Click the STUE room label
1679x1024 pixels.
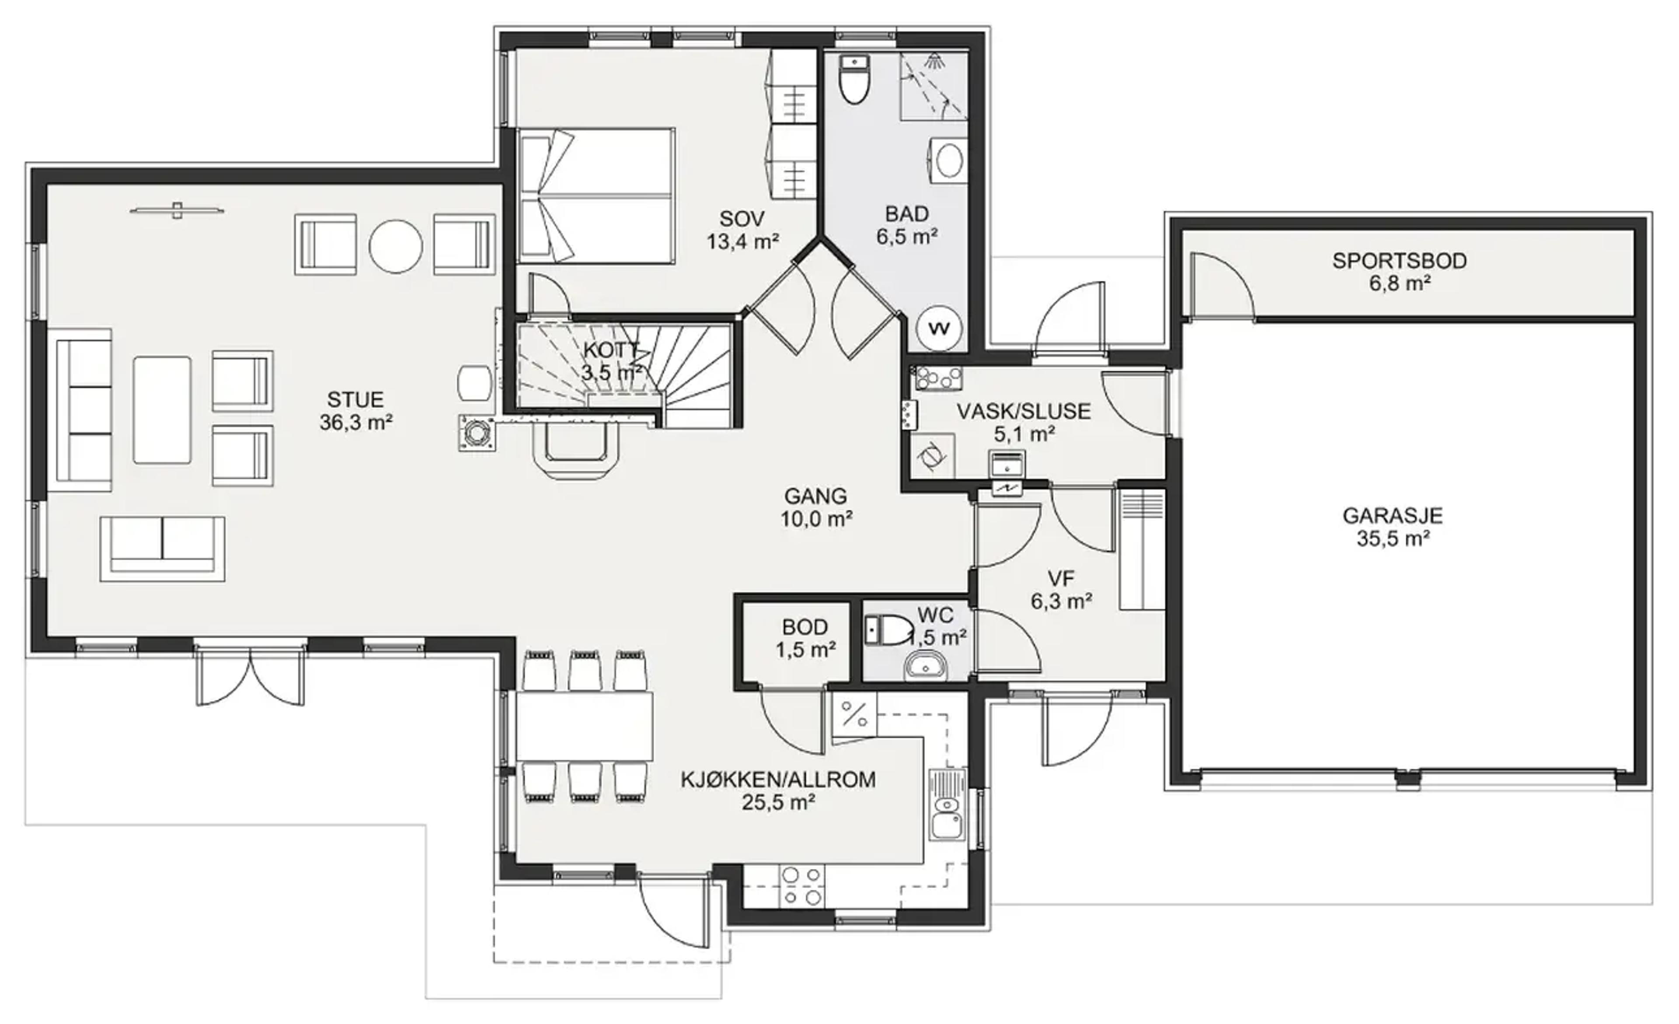click(356, 399)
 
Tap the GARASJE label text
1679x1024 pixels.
click(1393, 516)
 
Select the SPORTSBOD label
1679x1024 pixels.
click(1400, 261)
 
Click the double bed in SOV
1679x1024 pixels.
click(597, 195)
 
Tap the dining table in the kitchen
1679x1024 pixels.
click(585, 726)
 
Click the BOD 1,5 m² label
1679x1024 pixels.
click(805, 639)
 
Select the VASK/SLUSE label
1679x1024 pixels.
click(1024, 412)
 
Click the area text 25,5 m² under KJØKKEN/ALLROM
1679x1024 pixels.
click(778, 802)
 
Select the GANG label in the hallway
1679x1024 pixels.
click(815, 496)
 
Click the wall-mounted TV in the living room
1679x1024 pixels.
click(177, 211)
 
